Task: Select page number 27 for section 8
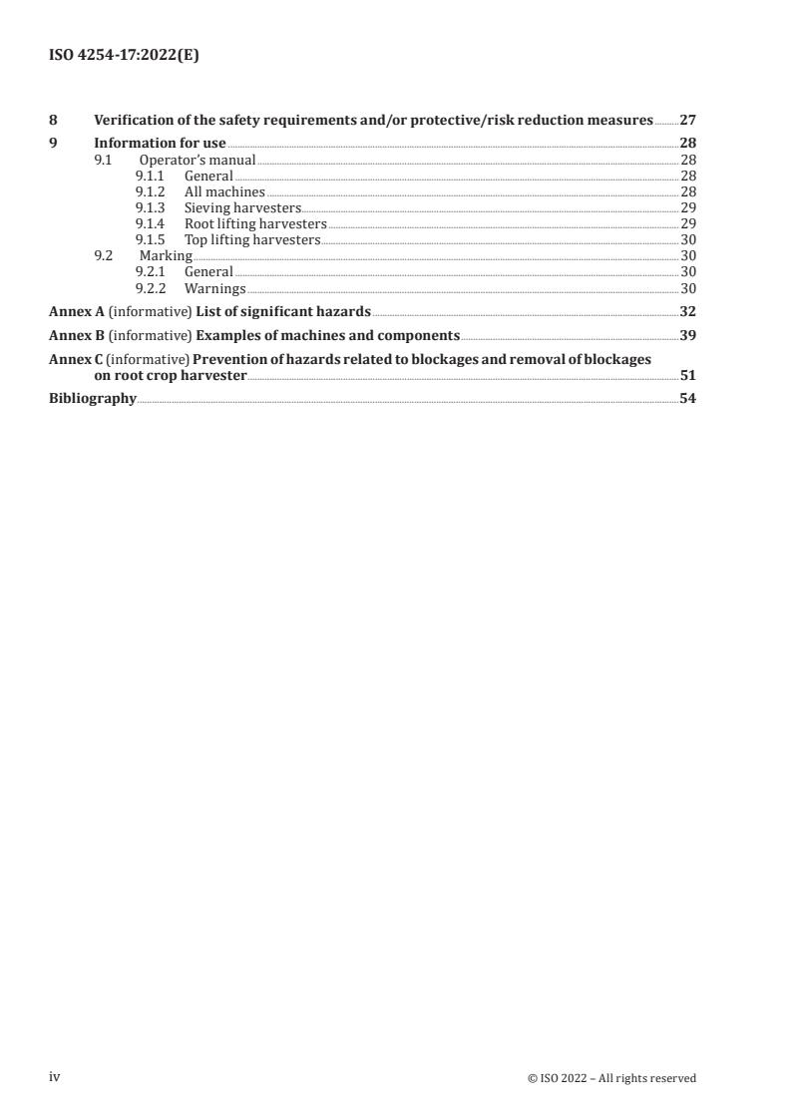(687, 120)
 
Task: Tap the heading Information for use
(160, 143)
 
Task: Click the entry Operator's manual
(198, 160)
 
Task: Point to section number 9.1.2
(151, 191)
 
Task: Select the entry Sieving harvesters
(242, 207)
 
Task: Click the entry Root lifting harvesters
(255, 223)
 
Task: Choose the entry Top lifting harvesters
(252, 239)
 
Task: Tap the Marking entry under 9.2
(166, 255)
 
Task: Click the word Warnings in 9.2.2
(214, 288)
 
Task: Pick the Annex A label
(77, 311)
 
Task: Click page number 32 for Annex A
(687, 311)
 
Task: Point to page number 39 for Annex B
(687, 335)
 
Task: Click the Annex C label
(76, 359)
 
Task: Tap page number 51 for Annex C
(687, 375)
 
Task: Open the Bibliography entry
(93, 399)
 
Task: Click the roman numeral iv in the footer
(55, 1077)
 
